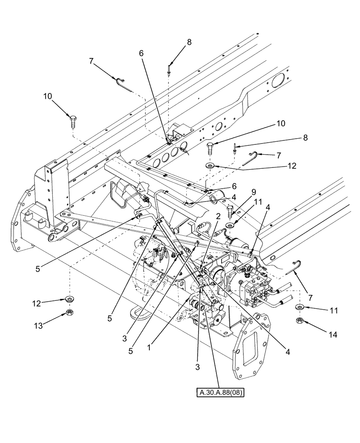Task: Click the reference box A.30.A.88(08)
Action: [x=221, y=392]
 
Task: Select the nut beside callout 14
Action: [x=298, y=319]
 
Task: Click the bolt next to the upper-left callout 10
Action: [x=73, y=120]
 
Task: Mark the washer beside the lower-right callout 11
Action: [x=300, y=307]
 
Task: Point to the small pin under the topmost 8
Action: [x=169, y=69]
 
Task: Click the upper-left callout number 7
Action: [x=91, y=61]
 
